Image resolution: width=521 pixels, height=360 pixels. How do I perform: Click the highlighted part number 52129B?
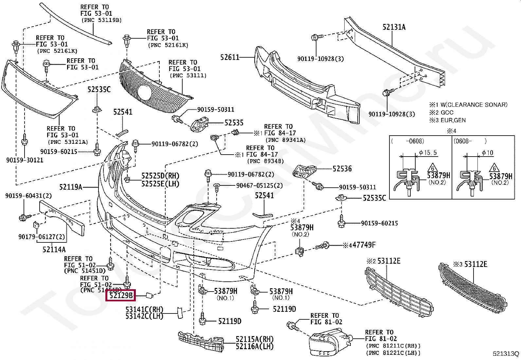point(121,295)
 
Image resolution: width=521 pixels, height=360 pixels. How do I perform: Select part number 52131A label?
point(394,27)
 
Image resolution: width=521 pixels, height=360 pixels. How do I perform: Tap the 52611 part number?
point(230,58)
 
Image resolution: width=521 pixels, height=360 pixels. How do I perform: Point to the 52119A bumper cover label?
point(71,187)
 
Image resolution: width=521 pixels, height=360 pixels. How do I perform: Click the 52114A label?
point(54,250)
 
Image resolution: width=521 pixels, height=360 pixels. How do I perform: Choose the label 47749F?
point(364,245)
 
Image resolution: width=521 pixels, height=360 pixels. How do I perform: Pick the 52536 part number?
point(342,169)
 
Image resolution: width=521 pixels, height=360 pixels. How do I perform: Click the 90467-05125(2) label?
point(260,186)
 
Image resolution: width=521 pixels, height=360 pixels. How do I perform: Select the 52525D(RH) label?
point(160,176)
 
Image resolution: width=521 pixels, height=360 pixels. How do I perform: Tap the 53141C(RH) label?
point(144,309)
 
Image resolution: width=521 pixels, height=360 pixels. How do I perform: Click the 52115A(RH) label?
point(254,339)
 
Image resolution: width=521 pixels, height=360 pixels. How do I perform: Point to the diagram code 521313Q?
point(506,354)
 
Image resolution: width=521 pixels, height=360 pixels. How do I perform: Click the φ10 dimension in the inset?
point(488,153)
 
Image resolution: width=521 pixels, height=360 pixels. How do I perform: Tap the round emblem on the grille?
point(144,92)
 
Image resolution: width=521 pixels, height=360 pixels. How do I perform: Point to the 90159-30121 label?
point(25,160)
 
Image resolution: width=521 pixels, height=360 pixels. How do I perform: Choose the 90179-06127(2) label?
point(42,237)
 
